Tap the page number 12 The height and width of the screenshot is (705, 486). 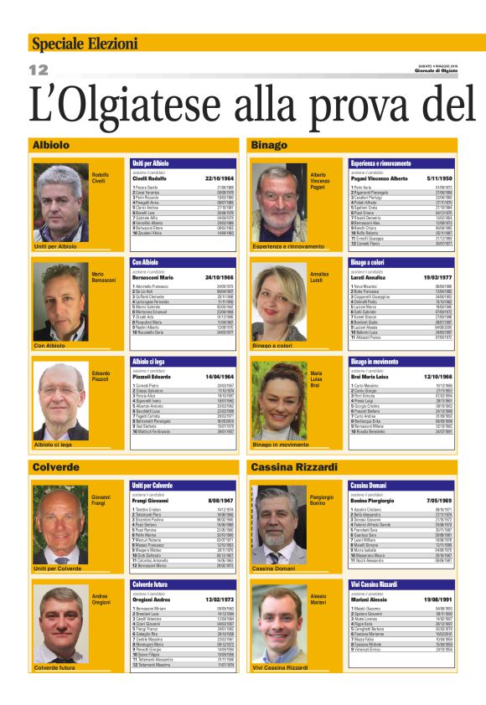[x=39, y=69]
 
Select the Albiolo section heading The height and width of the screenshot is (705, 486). [x=51, y=145]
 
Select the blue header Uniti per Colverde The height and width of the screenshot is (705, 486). [x=151, y=486]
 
